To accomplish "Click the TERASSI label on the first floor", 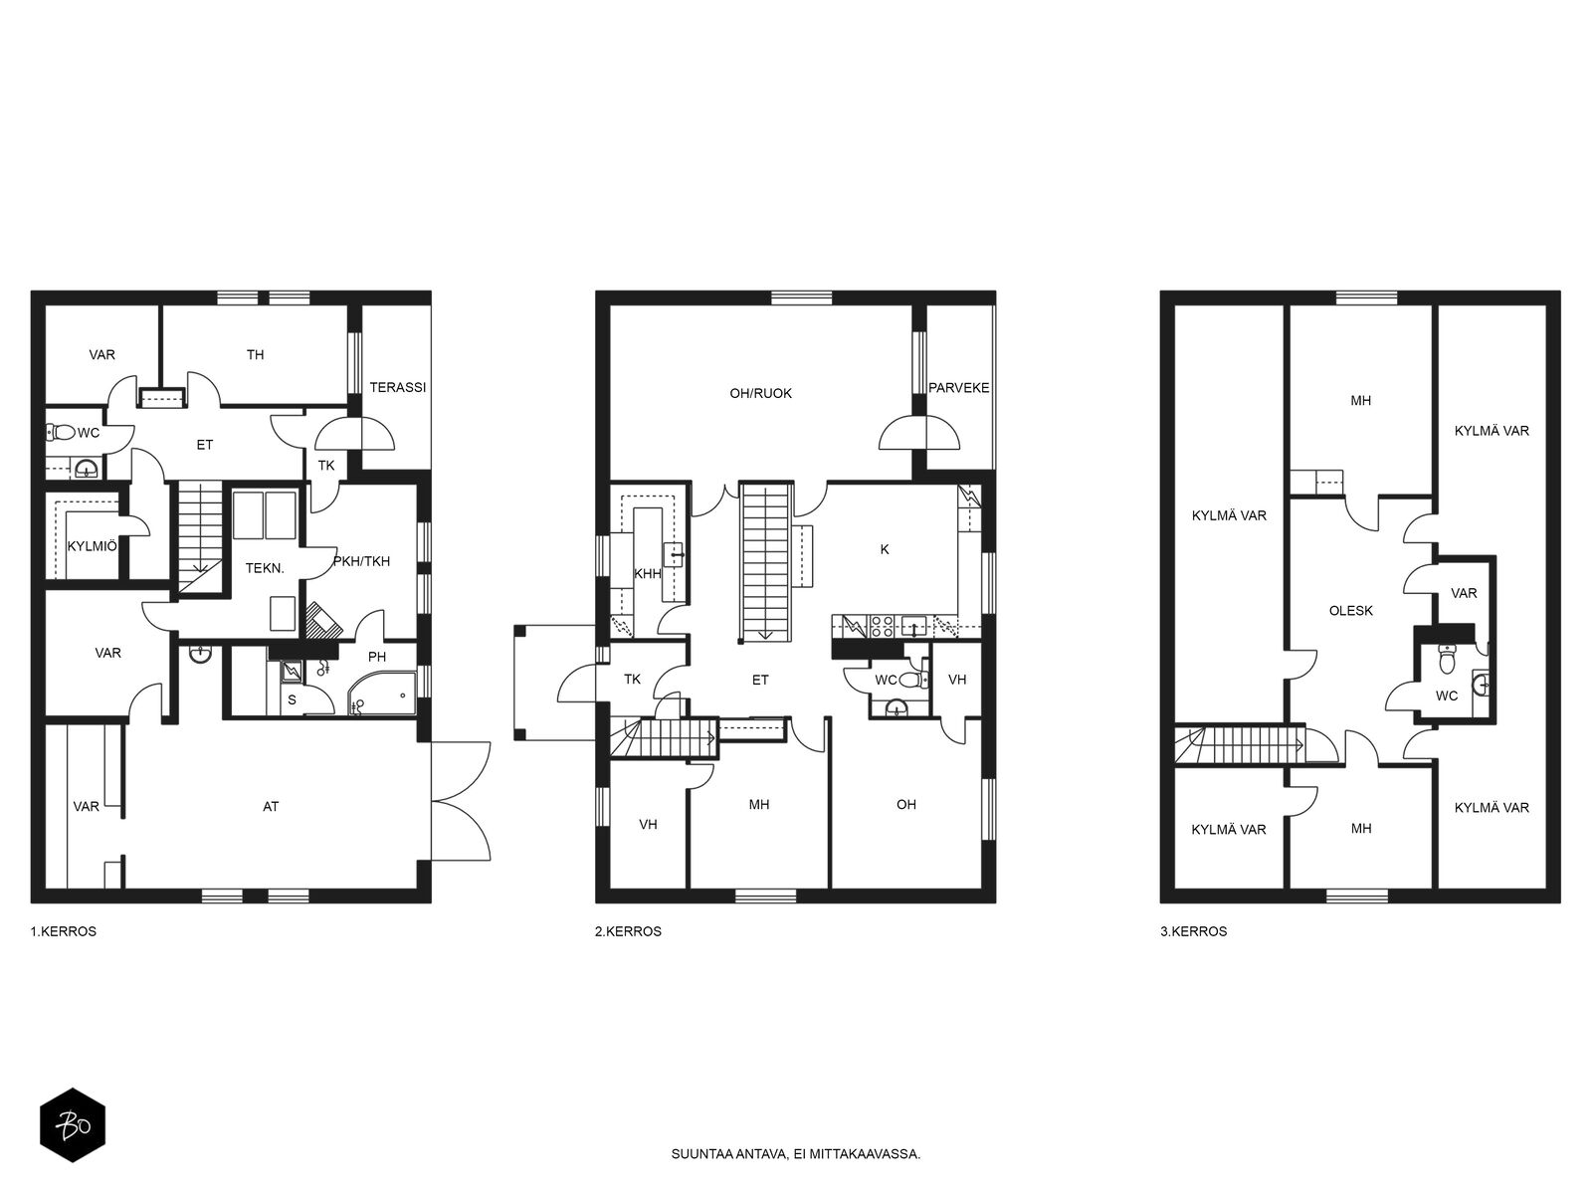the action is [x=397, y=387].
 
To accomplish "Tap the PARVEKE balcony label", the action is [x=959, y=388].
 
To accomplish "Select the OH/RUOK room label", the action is [x=761, y=394].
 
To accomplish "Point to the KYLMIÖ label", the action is [x=92, y=546].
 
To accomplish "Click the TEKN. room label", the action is [x=265, y=568].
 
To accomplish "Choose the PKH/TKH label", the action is [x=361, y=561].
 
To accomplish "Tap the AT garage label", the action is [x=271, y=806].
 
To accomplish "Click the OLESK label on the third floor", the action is [x=1351, y=611].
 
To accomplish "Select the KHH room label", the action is [x=648, y=574].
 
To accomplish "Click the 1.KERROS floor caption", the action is [x=63, y=931].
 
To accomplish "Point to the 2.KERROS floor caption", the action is [x=628, y=931].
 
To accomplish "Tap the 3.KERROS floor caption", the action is [x=1194, y=931].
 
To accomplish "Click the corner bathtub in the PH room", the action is [x=381, y=694].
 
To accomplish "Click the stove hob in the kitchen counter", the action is [x=882, y=627].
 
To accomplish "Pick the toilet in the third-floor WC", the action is [x=1447, y=659].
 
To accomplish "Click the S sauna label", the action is [x=293, y=700].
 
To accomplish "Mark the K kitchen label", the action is [x=885, y=549].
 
